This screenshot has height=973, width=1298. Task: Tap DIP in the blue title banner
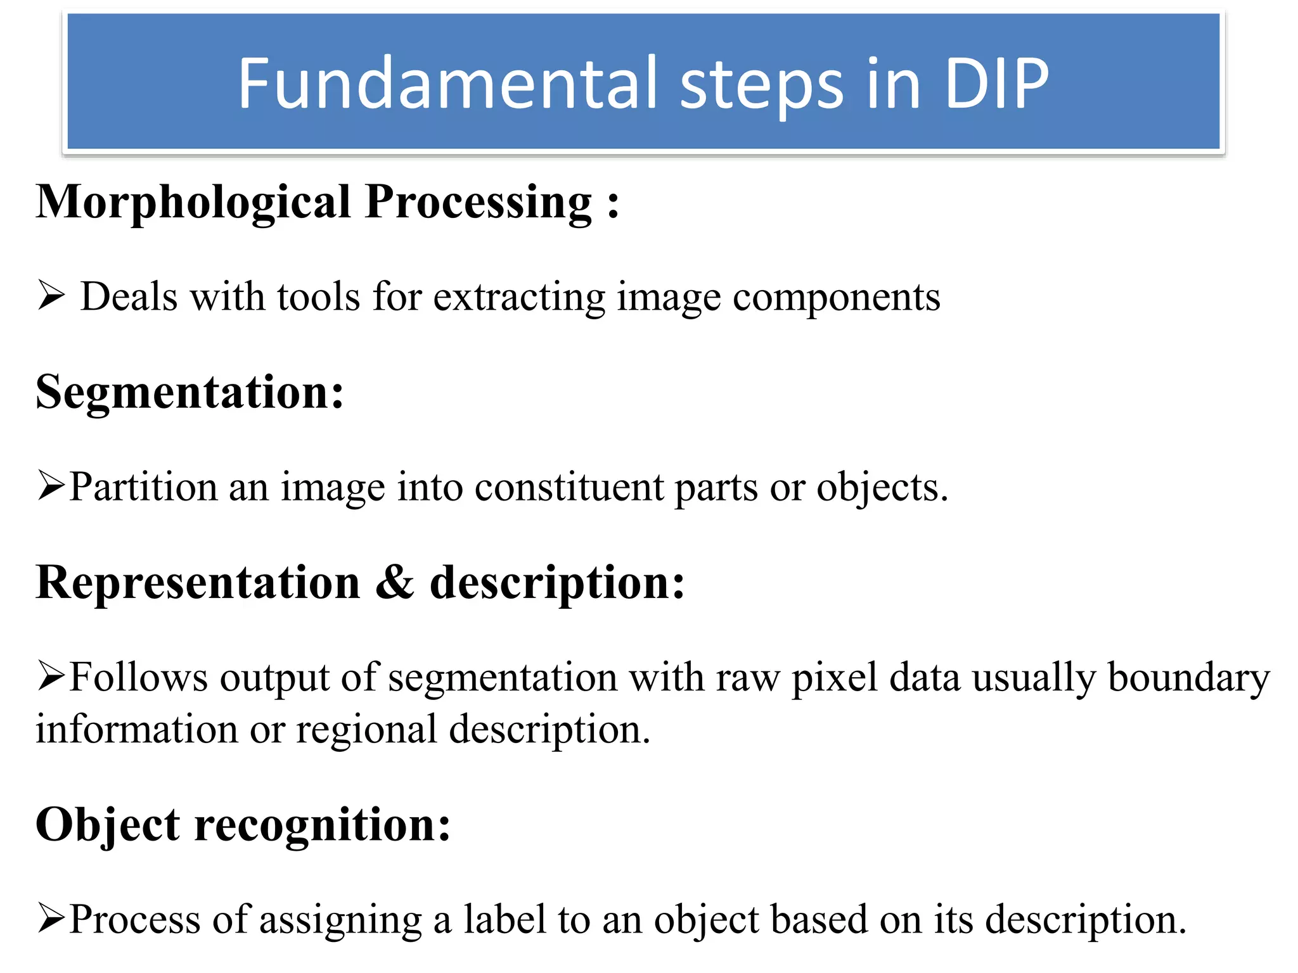(x=996, y=84)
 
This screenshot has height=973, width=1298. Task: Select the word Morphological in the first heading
(x=193, y=203)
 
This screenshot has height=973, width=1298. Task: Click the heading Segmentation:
(x=190, y=393)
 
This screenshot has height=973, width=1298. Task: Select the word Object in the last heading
(x=107, y=825)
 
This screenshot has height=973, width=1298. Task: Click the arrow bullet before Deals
(x=51, y=296)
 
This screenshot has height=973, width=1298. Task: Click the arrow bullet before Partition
(x=51, y=486)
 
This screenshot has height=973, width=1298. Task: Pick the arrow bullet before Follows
(x=51, y=676)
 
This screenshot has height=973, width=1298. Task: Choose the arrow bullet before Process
(x=51, y=918)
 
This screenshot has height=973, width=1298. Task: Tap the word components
(x=836, y=298)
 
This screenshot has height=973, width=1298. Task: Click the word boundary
(x=1188, y=678)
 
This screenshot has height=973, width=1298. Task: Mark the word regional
(x=366, y=730)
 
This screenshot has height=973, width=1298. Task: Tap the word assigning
(x=340, y=920)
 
